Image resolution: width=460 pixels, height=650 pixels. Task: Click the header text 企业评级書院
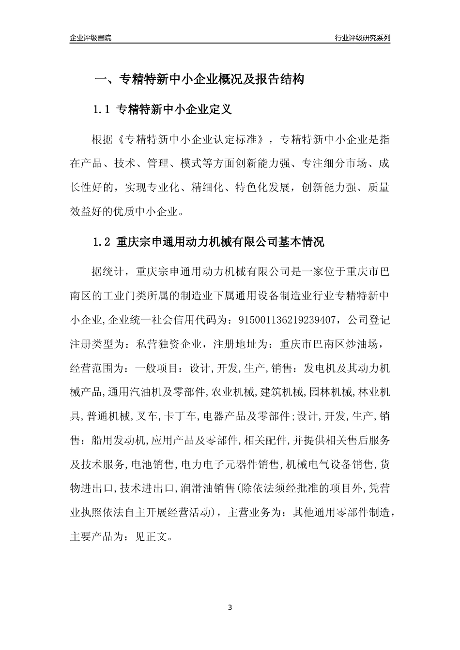click(x=91, y=38)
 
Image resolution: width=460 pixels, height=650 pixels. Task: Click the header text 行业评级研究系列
click(x=362, y=38)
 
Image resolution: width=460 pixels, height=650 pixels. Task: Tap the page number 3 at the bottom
click(x=230, y=607)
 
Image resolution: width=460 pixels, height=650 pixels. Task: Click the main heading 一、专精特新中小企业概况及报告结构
click(x=199, y=79)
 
